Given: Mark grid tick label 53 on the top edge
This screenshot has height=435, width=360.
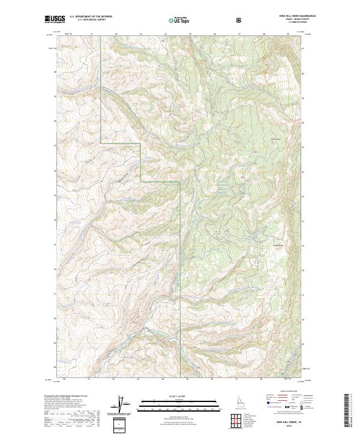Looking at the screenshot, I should coord(140,34).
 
